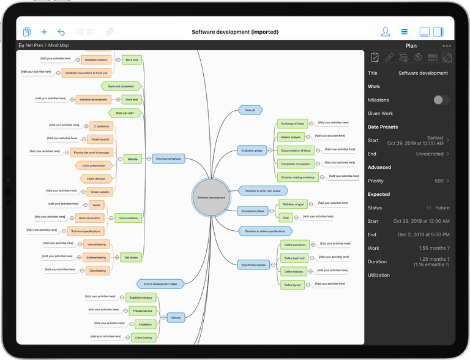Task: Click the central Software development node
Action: (x=211, y=198)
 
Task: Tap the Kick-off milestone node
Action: (x=250, y=110)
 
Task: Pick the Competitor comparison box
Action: (x=296, y=163)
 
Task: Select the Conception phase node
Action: (x=253, y=211)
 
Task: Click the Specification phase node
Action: (x=253, y=264)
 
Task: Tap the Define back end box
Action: (x=294, y=258)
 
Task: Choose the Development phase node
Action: (x=168, y=159)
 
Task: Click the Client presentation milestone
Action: (x=94, y=165)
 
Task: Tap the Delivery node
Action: (x=176, y=317)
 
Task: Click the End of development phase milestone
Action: (x=160, y=284)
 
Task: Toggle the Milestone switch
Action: (x=441, y=100)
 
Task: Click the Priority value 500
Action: (x=439, y=181)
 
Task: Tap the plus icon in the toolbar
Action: (x=44, y=32)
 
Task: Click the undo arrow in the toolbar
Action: (x=61, y=32)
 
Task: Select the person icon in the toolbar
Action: (x=385, y=32)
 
